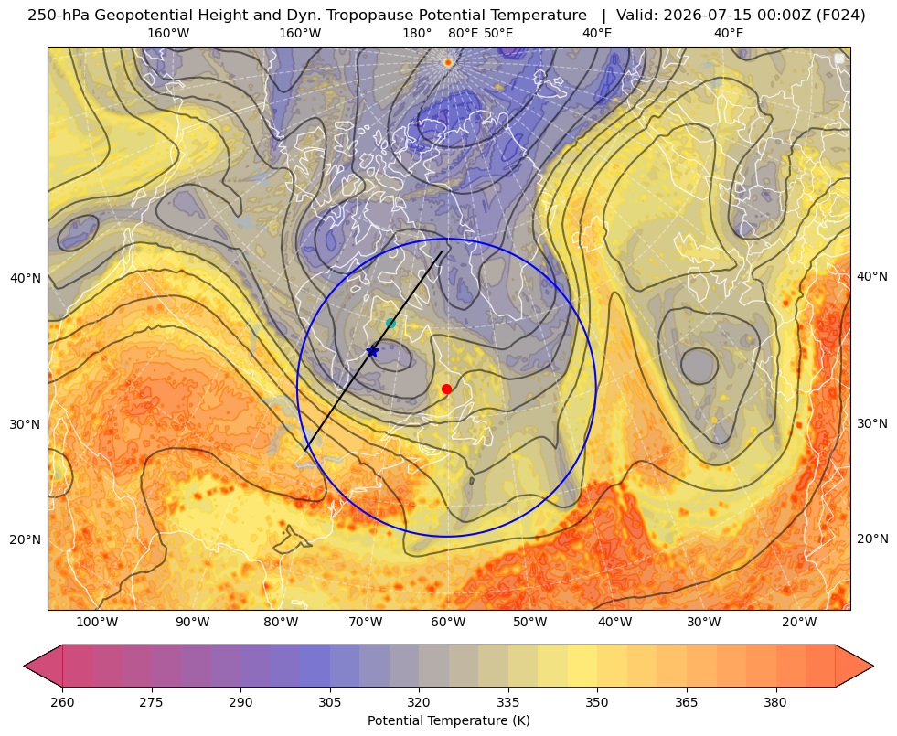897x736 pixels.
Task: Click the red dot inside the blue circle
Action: (x=447, y=389)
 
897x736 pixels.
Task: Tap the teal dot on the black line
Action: (x=390, y=323)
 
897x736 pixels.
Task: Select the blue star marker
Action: (x=372, y=350)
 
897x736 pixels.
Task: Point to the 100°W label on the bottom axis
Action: (x=97, y=622)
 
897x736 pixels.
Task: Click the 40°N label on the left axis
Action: (x=26, y=278)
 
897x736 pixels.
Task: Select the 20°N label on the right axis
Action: (x=872, y=539)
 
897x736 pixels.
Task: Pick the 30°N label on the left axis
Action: (x=26, y=424)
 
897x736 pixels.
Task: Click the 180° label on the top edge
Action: (x=417, y=33)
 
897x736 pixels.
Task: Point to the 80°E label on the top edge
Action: (x=464, y=33)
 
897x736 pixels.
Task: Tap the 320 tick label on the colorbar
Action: (x=419, y=702)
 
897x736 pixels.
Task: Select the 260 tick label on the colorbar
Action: (x=62, y=702)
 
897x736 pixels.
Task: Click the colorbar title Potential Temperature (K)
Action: (x=448, y=720)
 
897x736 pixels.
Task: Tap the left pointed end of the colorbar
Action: (x=25, y=666)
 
